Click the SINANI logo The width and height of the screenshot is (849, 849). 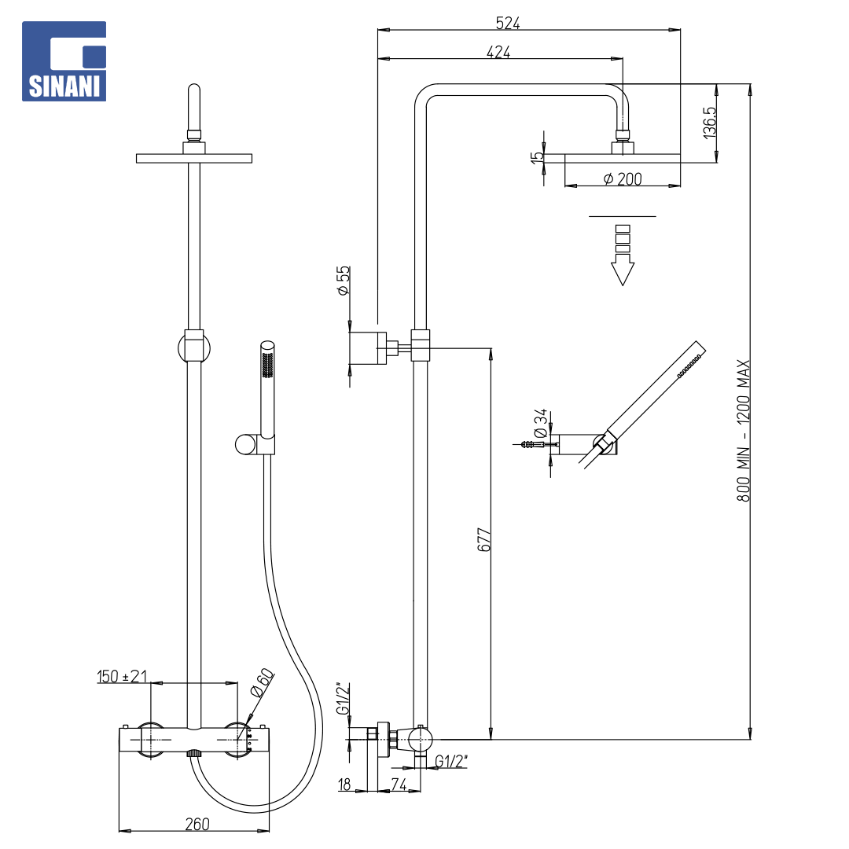coord(64,61)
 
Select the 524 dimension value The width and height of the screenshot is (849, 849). coord(507,24)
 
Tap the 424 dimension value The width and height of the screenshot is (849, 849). coord(498,52)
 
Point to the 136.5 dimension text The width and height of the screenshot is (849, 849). coord(709,123)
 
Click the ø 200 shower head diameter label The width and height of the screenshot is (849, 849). coord(623,178)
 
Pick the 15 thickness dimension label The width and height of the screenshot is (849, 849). coord(537,157)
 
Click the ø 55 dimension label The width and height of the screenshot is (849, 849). coord(344,281)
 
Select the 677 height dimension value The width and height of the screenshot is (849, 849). coord(484,539)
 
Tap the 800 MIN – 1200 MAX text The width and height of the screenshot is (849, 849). coord(743,431)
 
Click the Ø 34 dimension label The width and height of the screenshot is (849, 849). coord(540,424)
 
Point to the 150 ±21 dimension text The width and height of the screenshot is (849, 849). coord(122,676)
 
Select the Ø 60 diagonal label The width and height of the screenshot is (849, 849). coord(262,683)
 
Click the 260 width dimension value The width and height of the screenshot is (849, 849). coord(197,824)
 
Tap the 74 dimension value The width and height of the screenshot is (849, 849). coord(399,784)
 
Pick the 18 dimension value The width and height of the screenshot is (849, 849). coord(344,784)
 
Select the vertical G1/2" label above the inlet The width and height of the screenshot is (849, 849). coord(344,699)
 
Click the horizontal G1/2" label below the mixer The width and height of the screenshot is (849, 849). coord(451,761)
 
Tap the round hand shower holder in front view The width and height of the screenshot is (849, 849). coord(245,444)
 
